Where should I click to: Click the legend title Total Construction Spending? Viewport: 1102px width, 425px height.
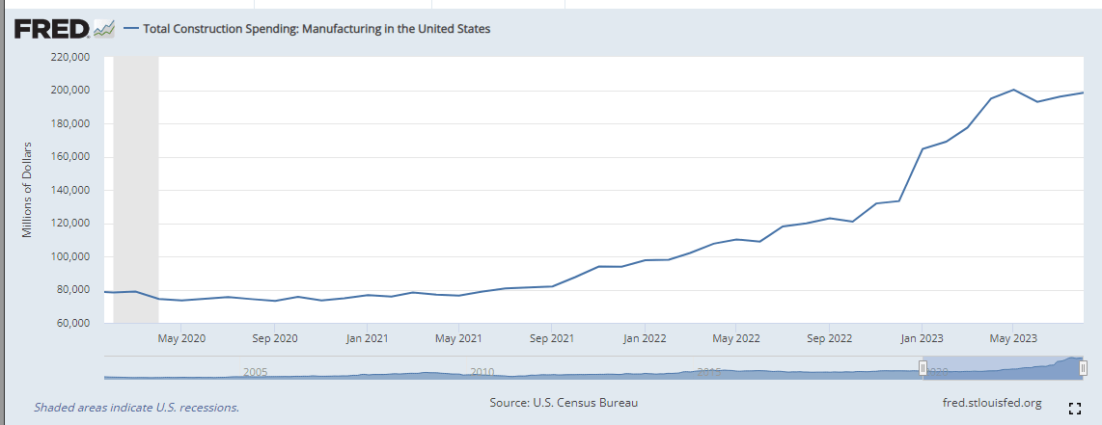(x=317, y=29)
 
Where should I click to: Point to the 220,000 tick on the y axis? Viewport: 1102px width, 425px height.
(x=69, y=58)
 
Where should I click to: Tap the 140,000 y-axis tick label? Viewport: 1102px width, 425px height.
(x=69, y=191)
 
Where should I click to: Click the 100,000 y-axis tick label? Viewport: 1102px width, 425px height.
(x=69, y=257)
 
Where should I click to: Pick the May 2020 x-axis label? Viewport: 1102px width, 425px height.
(x=181, y=338)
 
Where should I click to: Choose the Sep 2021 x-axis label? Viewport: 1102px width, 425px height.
(x=551, y=338)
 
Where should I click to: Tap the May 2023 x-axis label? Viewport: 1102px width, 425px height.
(x=1012, y=338)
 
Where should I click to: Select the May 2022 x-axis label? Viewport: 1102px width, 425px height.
(x=735, y=338)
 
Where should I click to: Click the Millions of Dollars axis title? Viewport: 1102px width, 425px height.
(x=28, y=190)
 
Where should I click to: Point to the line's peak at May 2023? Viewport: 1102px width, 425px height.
(x=1013, y=90)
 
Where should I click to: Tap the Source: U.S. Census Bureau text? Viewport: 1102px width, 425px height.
(x=564, y=403)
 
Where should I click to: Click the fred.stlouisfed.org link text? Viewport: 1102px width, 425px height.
(x=990, y=403)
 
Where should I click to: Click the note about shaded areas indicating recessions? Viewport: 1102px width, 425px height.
(x=136, y=408)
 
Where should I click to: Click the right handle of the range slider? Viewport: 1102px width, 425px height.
(x=1084, y=367)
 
